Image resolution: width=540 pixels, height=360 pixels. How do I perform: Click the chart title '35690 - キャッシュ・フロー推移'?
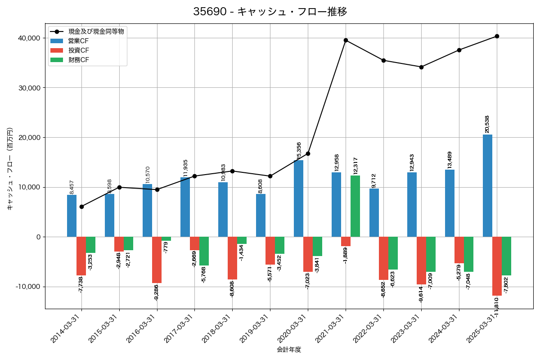(270, 12)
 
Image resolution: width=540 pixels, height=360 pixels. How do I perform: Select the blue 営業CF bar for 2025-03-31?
(487, 185)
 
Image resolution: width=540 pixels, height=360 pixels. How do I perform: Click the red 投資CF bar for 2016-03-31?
(157, 260)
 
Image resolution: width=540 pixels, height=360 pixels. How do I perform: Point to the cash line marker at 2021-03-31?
(346, 40)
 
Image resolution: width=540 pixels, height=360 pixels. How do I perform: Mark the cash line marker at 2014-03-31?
(81, 207)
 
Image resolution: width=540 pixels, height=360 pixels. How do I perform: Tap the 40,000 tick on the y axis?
(28, 38)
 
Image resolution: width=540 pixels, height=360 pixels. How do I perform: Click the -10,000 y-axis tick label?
(27, 287)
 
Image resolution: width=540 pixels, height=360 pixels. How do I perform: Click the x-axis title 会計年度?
(289, 350)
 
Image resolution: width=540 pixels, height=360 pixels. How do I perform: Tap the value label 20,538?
(487, 124)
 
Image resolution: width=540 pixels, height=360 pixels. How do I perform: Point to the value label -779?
(166, 247)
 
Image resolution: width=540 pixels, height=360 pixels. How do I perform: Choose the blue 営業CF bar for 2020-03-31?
(298, 198)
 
